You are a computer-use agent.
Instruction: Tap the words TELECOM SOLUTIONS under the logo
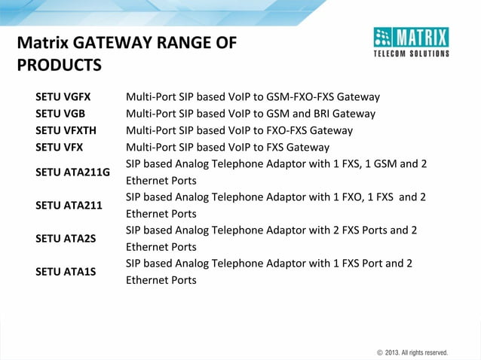click(412, 54)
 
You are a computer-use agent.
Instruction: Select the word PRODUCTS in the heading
click(59, 66)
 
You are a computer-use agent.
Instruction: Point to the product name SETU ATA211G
click(72, 172)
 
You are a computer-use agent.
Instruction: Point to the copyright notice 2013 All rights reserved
click(412, 352)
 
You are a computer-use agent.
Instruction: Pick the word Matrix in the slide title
click(42, 43)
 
